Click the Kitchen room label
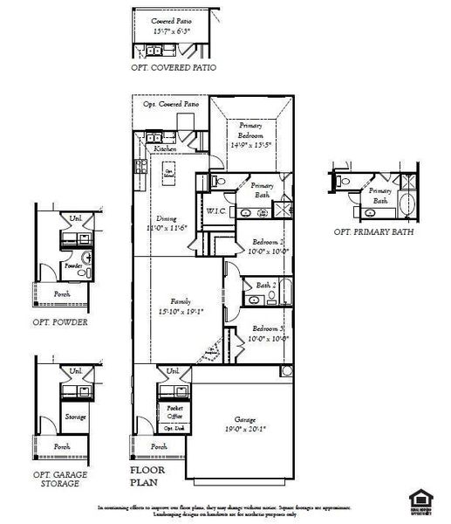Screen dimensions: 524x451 click(166, 149)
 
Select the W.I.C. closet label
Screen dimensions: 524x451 click(216, 210)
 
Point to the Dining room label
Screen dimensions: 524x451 click(167, 218)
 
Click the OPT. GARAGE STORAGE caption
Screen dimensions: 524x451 click(63, 478)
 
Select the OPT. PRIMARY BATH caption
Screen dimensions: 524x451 click(374, 232)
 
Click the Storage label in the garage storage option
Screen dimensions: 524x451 click(75, 417)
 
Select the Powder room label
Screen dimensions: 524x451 click(74, 265)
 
